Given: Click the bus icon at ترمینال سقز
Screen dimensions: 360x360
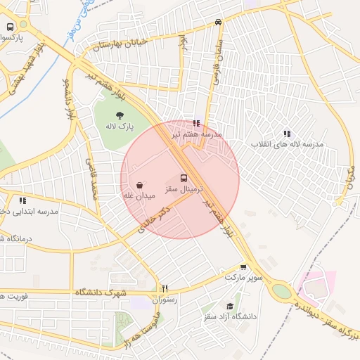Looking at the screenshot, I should (184, 178).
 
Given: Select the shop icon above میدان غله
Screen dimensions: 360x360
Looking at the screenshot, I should (139, 184).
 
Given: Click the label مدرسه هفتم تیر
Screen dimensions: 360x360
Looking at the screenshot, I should (202, 133).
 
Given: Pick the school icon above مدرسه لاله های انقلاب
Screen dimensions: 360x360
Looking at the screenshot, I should (287, 133).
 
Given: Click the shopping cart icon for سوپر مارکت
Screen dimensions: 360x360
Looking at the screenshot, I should (243, 267).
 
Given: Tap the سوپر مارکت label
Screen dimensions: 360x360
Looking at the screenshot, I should (243, 278).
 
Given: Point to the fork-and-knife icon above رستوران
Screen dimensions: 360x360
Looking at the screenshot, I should (166, 288).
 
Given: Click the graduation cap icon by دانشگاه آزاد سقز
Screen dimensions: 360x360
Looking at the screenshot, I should (230, 306).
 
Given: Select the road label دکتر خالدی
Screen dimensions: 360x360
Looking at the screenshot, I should (155, 219).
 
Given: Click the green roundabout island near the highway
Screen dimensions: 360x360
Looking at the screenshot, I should (282, 291).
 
